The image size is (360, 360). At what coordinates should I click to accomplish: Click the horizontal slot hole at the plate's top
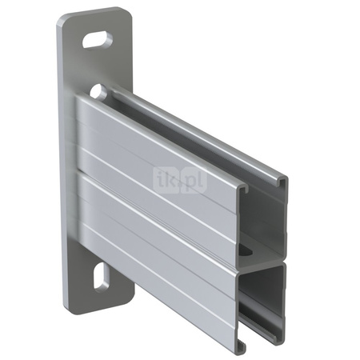97,36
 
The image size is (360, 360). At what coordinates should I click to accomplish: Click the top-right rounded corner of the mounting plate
128,14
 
